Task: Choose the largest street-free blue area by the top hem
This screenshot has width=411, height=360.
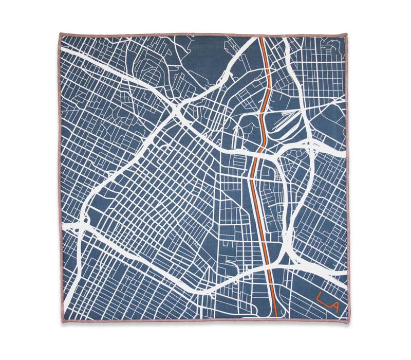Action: point(206,51)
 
